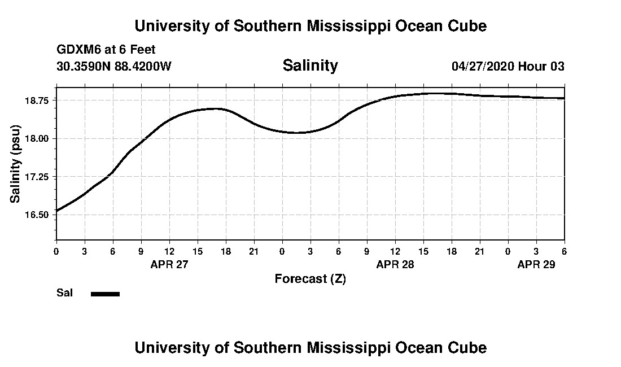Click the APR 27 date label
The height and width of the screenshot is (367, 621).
pos(169,265)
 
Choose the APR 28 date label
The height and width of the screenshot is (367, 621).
pos(395,265)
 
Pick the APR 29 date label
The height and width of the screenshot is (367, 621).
pos(536,265)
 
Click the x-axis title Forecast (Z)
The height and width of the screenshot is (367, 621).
pos(310,279)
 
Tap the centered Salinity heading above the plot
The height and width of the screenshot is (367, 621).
pos(310,65)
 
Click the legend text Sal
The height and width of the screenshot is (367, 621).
pos(64,293)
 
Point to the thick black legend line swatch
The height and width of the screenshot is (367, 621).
pos(105,294)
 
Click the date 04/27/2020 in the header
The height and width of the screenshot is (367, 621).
pos(483,66)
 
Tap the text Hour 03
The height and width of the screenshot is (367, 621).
pos(541,66)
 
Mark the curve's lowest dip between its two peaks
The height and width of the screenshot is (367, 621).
pos(296,133)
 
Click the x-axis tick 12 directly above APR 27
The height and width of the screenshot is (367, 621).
pos(169,251)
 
